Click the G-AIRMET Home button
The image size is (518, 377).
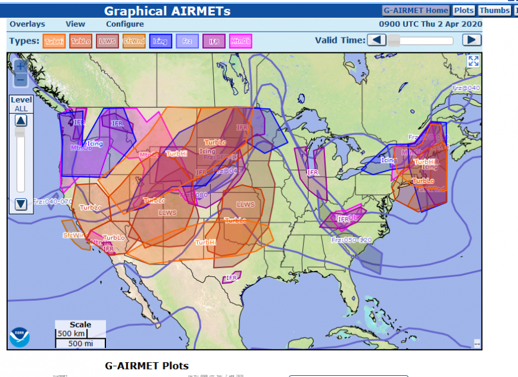coord(416,10)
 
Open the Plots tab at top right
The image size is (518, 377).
coord(464,10)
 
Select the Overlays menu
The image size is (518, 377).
coord(27,24)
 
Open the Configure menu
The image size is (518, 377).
coord(124,24)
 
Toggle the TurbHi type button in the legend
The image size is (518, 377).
coord(54,41)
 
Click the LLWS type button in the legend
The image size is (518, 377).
coord(107,41)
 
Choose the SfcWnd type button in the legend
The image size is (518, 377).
coord(134,41)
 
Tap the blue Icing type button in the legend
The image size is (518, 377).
coord(161,41)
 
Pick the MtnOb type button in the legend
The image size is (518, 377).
coord(241,41)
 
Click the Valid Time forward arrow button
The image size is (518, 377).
coord(472,40)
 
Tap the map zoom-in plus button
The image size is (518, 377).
coord(20,66)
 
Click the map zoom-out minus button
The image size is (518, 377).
coord(20,79)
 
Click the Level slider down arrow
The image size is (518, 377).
coord(21,204)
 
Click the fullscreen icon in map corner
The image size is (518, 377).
coord(473,61)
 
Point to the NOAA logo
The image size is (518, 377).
coord(19,337)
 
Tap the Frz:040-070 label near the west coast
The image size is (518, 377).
coord(52,201)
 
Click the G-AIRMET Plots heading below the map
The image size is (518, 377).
coord(146,366)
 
